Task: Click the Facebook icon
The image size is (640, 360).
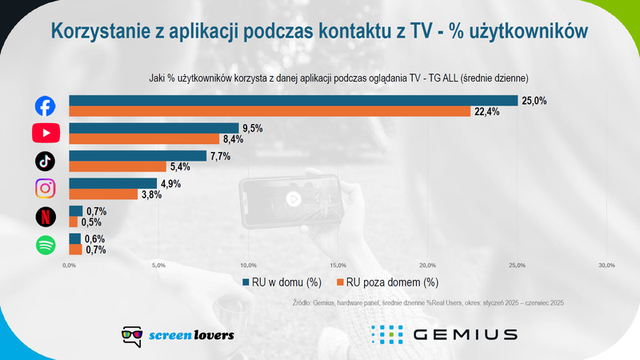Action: pyautogui.click(x=46, y=106)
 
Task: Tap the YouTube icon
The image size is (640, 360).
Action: pyautogui.click(x=46, y=133)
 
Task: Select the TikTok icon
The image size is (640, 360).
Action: pyautogui.click(x=46, y=161)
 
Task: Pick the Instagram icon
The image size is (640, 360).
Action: pyautogui.click(x=46, y=189)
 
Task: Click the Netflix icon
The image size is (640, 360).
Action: pyautogui.click(x=46, y=217)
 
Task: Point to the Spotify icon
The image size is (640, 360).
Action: pyautogui.click(x=46, y=245)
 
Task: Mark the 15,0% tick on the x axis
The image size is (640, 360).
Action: pyautogui.click(x=337, y=265)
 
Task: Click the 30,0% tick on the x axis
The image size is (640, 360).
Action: pyautogui.click(x=606, y=265)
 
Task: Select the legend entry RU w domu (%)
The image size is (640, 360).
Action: pyautogui.click(x=282, y=282)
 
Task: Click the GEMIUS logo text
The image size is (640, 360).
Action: pyautogui.click(x=465, y=334)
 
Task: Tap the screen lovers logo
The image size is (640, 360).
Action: pyautogui.click(x=178, y=334)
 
